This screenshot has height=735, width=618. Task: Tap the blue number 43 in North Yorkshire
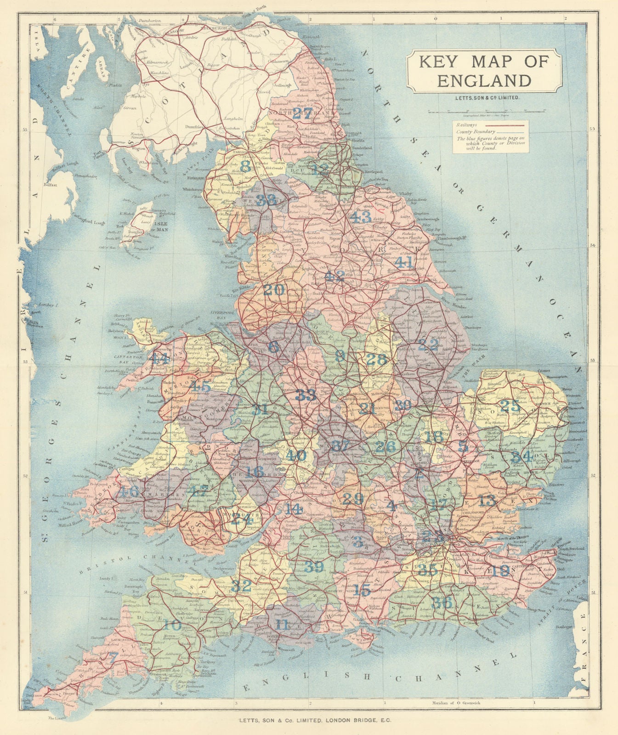coord(360,216)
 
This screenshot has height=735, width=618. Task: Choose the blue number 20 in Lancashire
coord(274,290)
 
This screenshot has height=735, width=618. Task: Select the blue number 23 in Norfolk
coord(509,406)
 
